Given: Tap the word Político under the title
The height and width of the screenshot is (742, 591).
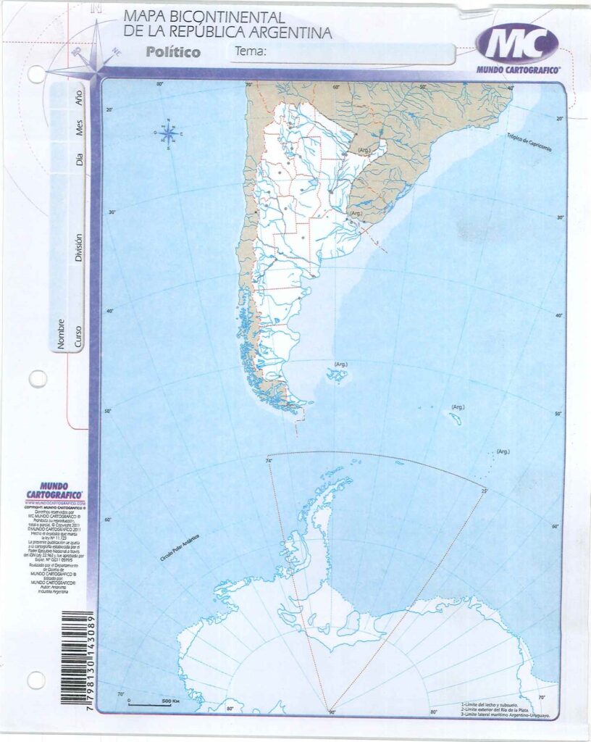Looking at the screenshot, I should point(172,52).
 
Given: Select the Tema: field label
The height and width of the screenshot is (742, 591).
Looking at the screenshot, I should point(251,51).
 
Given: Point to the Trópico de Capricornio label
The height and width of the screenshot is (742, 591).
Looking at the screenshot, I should point(529,142).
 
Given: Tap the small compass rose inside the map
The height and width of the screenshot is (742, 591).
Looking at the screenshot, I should point(168,134).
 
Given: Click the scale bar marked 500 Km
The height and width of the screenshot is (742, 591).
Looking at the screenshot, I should point(151,703).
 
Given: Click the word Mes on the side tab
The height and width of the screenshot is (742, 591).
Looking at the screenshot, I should point(79,129).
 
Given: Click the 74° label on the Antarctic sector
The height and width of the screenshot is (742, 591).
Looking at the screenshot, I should point(269,461).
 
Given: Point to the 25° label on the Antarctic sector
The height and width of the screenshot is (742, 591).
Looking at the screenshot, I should point(485,491).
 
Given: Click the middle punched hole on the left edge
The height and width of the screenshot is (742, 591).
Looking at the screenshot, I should point(38,378).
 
